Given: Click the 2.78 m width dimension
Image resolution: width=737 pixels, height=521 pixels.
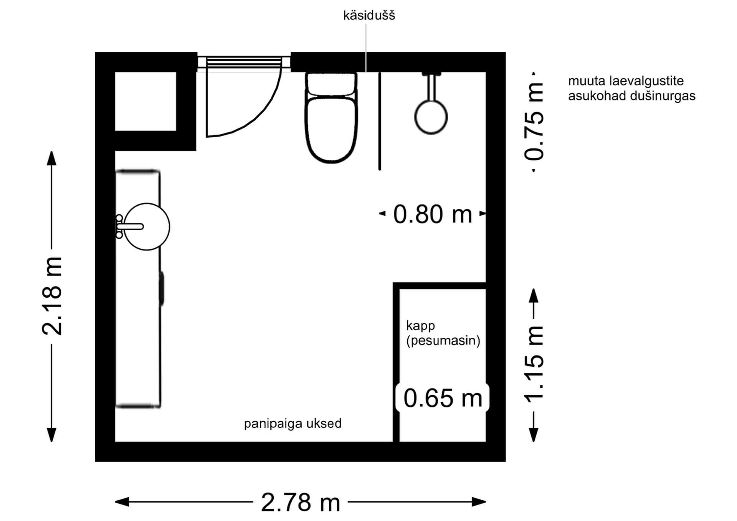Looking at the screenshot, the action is [301, 502].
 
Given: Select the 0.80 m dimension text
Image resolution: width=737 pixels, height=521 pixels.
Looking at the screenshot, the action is [433, 214].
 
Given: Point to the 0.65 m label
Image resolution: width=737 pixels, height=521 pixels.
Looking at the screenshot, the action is [443, 398].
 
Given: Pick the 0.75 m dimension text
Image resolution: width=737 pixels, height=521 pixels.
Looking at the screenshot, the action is [534, 122].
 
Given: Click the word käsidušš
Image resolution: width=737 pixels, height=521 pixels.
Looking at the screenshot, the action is [369, 16].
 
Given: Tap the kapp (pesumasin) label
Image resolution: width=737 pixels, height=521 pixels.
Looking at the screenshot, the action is [443, 333].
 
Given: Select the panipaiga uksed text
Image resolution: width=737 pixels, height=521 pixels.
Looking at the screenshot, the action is [293, 424].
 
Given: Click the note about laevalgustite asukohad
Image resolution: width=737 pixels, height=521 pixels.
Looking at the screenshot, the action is [631, 88].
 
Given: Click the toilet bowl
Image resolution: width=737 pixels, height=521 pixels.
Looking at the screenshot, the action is [331, 129].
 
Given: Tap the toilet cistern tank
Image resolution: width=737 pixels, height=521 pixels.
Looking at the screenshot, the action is [331, 84].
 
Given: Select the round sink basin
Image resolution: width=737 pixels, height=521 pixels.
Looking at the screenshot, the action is [147, 227].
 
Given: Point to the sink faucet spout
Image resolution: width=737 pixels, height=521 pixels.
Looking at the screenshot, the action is [131, 227].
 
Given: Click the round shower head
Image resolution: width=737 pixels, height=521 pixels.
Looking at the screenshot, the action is [431, 117].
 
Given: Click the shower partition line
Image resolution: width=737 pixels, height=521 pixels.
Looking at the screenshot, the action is [380, 121].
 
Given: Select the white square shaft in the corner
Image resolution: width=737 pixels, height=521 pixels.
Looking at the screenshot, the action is [145, 101].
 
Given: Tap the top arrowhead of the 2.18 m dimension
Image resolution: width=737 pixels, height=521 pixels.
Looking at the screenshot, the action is [51, 158].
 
